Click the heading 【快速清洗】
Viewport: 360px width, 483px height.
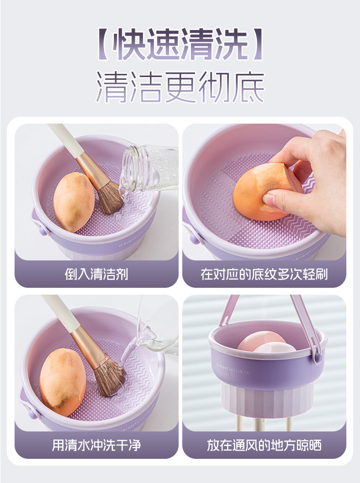pos(180,44)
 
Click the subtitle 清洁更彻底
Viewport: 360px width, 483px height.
pos(180,87)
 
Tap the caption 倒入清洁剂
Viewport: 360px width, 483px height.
pos(96,274)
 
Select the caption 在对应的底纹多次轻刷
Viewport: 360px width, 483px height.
pos(264,274)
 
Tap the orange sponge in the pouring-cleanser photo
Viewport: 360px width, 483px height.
pos(74,202)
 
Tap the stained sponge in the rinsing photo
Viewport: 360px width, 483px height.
pos(62,382)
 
